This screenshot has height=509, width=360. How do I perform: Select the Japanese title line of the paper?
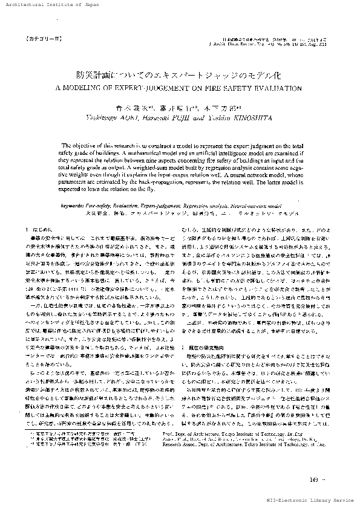[180, 76]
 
